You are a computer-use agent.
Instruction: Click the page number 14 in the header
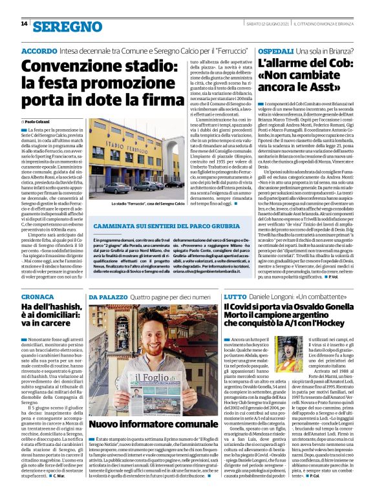click(x=24, y=24)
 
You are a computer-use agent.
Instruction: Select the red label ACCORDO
click(x=39, y=50)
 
